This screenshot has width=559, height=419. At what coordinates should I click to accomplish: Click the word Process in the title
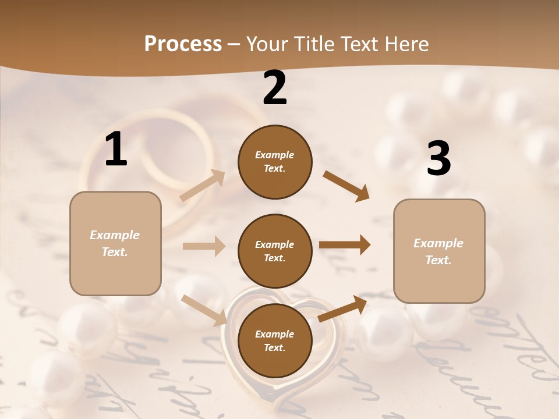[183, 44]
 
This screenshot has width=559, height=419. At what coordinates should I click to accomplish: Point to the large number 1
[116, 150]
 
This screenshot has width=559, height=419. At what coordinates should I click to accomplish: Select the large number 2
[275, 88]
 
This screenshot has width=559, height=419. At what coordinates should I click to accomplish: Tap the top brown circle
[275, 162]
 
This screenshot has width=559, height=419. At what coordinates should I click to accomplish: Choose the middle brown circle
[275, 251]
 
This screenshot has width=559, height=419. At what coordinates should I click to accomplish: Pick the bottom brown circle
[275, 340]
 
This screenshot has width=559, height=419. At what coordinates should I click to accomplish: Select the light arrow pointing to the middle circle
[204, 246]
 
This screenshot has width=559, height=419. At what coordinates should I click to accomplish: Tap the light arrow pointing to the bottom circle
[204, 310]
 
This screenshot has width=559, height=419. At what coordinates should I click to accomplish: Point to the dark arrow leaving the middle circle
[345, 245]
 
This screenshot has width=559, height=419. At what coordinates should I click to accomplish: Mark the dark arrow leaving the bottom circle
[342, 308]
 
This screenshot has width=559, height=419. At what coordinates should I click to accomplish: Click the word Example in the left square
[115, 235]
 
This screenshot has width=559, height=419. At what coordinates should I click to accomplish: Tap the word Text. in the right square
[438, 260]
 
